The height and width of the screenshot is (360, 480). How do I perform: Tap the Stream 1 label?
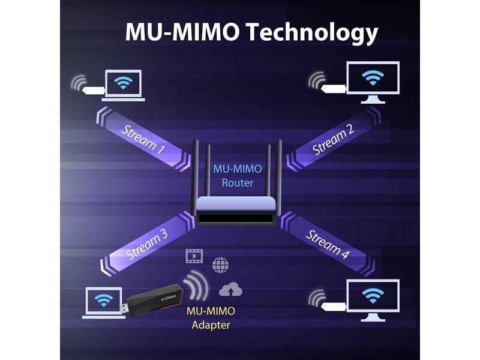tap(143, 139)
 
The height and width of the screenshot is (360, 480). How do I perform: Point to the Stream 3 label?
tap(146, 245)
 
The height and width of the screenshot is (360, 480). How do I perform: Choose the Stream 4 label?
tap(328, 243)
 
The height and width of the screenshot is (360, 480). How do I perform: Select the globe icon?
tap(220, 264)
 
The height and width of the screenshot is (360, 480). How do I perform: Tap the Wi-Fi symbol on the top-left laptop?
tap(123, 82)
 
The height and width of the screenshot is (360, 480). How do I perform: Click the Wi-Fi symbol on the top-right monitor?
tap(374, 77)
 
